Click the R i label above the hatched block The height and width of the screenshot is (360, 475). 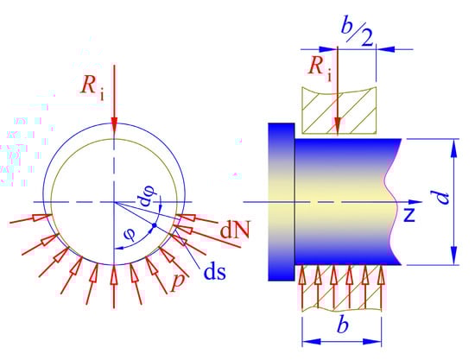coord(320,68)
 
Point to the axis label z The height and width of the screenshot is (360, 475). coord(409,215)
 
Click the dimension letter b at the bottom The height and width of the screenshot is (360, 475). coord(343,325)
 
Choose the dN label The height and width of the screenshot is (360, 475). coord(235,231)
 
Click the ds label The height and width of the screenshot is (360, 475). coord(215,272)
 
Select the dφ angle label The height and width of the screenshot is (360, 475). coord(146,197)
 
